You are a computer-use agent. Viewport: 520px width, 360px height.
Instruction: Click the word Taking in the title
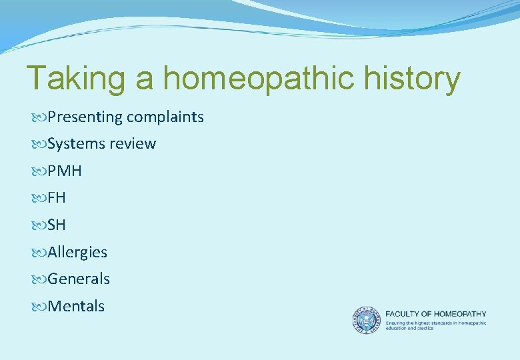click(x=74, y=79)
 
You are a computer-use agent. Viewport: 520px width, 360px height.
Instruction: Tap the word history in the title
click(x=413, y=79)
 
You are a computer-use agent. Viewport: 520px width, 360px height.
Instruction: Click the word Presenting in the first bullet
click(x=85, y=117)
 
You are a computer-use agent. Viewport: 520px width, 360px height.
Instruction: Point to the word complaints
click(x=165, y=117)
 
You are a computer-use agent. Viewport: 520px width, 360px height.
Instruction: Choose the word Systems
click(x=75, y=144)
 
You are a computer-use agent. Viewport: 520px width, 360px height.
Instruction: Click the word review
click(x=131, y=144)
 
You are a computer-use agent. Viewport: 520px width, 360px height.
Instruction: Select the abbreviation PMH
click(x=65, y=171)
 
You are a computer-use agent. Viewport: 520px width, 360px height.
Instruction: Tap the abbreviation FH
click(x=57, y=198)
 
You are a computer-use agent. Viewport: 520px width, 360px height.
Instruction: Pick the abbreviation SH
click(x=57, y=225)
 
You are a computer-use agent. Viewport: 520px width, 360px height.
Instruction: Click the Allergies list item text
click(x=77, y=252)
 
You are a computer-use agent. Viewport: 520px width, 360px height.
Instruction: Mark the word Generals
click(x=79, y=279)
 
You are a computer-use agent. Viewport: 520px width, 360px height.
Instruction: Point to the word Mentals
click(x=76, y=306)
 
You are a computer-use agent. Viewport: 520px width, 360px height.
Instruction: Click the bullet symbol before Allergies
click(x=39, y=253)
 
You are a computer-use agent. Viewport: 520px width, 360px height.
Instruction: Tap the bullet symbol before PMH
click(x=39, y=171)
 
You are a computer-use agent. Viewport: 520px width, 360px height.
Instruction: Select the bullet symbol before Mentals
click(x=39, y=307)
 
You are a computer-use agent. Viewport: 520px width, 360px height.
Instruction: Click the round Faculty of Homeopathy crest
click(x=366, y=320)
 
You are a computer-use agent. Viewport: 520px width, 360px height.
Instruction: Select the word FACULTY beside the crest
click(x=405, y=313)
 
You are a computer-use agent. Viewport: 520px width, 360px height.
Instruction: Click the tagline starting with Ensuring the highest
click(x=435, y=325)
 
